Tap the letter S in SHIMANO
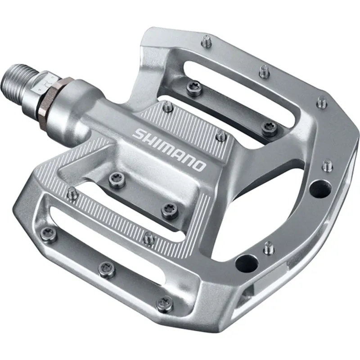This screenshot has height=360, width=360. pyautogui.click(x=139, y=134)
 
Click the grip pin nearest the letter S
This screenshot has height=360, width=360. pyautogui.click(x=167, y=107)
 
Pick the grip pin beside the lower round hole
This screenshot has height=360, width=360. pyautogui.click(x=269, y=247)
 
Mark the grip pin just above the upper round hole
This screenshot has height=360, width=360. pyautogui.click(x=328, y=165)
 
